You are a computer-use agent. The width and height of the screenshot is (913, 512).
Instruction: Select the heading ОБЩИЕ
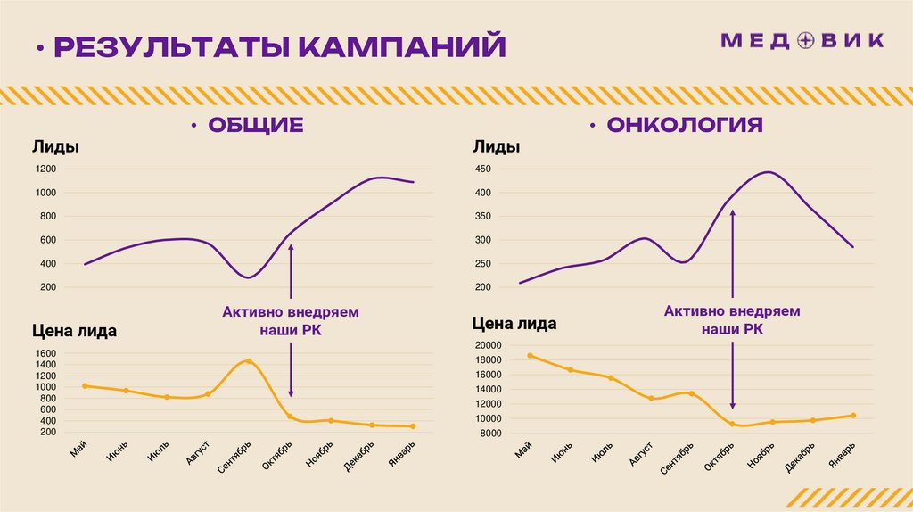click(x=256, y=125)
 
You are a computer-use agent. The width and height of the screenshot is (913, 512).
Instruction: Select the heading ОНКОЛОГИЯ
click(x=685, y=124)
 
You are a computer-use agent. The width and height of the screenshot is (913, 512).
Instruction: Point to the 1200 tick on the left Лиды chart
click(x=45, y=169)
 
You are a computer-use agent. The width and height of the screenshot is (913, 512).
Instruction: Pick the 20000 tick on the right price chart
click(x=488, y=346)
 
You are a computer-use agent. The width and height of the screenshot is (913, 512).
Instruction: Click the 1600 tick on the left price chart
click(x=46, y=354)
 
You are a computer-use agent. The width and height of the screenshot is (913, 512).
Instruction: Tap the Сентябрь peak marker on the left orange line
click(x=248, y=361)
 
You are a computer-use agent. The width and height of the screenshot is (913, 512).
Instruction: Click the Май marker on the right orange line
click(x=530, y=355)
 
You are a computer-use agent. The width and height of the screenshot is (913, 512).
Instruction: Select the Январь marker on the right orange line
click(x=853, y=416)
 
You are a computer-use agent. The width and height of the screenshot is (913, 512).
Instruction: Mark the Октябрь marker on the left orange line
click(x=290, y=417)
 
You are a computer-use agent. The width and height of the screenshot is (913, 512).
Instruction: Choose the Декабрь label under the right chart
click(x=799, y=455)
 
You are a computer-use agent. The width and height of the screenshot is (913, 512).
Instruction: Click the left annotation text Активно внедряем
click(x=290, y=313)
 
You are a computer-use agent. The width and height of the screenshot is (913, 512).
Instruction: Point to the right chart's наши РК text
click(x=732, y=329)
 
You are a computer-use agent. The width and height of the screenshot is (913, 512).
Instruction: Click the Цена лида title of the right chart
click(x=514, y=324)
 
